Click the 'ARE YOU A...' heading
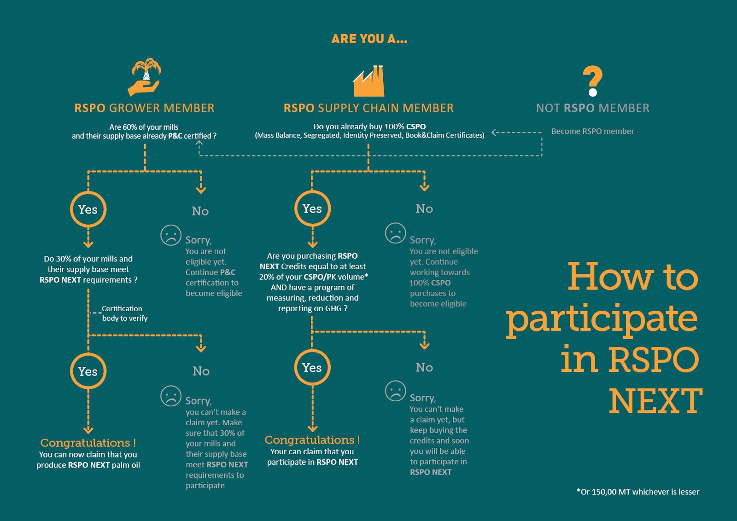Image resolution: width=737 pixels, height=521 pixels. tap(369, 39)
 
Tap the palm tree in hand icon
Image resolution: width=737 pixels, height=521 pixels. tap(145, 77)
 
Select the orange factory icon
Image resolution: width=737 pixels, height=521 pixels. tap(368, 81)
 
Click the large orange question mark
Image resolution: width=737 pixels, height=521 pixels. tap(592, 81)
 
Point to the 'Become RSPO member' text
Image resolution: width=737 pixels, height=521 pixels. tap(592, 131)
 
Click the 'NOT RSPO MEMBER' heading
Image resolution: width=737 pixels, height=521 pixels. tap(592, 108)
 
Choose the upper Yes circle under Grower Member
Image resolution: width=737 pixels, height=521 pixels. tap(88, 209)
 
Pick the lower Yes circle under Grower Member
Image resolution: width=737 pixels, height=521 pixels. tap(88, 371)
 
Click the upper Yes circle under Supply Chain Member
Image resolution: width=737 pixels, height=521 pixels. tap(312, 208)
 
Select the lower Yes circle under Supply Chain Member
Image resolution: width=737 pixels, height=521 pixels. tap(312, 367)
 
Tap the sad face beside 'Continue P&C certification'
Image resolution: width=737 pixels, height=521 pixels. tap(171, 235)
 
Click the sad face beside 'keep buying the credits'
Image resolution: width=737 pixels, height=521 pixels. tap(395, 391)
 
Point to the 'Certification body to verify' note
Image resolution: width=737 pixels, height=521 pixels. tap(124, 313)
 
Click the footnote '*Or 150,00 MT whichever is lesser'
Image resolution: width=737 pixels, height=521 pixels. tap(638, 492)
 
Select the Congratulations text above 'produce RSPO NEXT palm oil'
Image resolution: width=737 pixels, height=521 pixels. tap(88, 443)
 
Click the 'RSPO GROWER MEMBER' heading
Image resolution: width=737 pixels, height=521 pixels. tap(144, 108)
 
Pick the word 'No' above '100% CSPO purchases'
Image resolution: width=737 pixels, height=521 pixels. tap(424, 209)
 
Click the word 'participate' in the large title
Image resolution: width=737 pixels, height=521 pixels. tap(602, 319)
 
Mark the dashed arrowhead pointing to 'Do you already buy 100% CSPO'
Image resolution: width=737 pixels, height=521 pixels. tap(494, 133)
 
